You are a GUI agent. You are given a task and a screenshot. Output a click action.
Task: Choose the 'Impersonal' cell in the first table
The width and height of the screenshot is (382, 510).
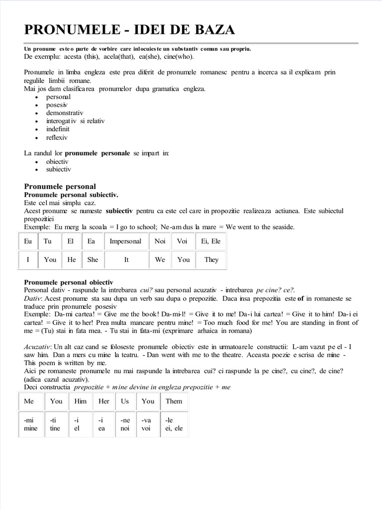click(x=126, y=242)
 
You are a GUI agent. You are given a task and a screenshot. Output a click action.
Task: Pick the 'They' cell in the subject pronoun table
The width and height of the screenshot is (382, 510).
click(x=211, y=259)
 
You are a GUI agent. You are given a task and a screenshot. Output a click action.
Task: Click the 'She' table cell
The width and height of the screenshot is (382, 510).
click(x=93, y=259)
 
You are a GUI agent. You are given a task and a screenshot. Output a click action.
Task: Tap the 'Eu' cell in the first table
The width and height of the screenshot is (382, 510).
click(x=28, y=242)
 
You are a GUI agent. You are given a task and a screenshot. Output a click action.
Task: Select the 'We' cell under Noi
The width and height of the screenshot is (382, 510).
click(x=160, y=259)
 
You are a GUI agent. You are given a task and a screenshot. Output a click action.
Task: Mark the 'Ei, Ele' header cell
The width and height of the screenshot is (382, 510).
click(x=211, y=242)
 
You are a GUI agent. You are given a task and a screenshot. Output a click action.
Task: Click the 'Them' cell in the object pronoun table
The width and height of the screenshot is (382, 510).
click(x=174, y=401)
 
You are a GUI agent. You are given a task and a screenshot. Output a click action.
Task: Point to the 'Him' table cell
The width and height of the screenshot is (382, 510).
click(x=80, y=401)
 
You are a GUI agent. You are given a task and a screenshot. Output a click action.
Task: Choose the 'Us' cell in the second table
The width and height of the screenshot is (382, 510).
click(x=125, y=401)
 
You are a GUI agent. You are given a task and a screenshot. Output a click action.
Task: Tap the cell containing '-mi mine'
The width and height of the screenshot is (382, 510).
click(x=31, y=424)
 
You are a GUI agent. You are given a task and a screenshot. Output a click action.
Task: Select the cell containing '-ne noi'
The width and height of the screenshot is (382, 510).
click(x=125, y=424)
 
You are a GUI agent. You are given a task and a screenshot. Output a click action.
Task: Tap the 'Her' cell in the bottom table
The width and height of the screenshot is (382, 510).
click(x=104, y=401)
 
